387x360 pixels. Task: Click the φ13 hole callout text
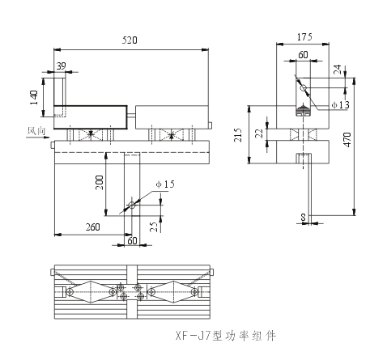(341, 106)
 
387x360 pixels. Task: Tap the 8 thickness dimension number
(303, 217)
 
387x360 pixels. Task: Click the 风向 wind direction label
(36, 129)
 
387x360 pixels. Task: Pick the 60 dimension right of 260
(131, 240)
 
